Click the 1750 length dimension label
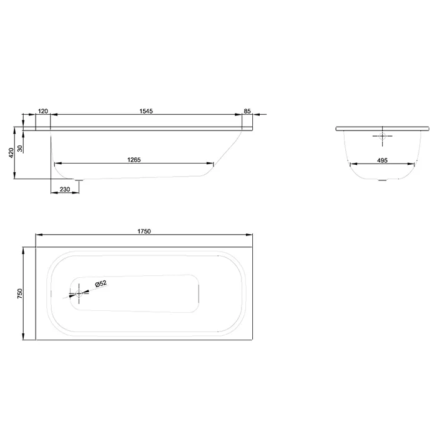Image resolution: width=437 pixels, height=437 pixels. click(144, 231)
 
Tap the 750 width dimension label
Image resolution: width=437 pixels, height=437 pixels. click(19, 294)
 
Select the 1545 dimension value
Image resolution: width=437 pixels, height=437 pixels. click(146, 111)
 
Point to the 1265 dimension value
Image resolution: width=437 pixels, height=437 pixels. click(134, 160)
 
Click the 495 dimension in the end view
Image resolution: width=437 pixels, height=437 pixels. click(382, 160)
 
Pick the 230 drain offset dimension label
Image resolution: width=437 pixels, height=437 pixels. click(65, 189)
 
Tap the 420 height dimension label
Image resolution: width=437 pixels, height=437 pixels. click(11, 153)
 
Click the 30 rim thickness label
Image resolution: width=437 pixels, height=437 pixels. click(20, 149)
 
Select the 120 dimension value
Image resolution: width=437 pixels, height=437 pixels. click(42, 111)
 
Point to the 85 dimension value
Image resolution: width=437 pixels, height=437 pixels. click(247, 111)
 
